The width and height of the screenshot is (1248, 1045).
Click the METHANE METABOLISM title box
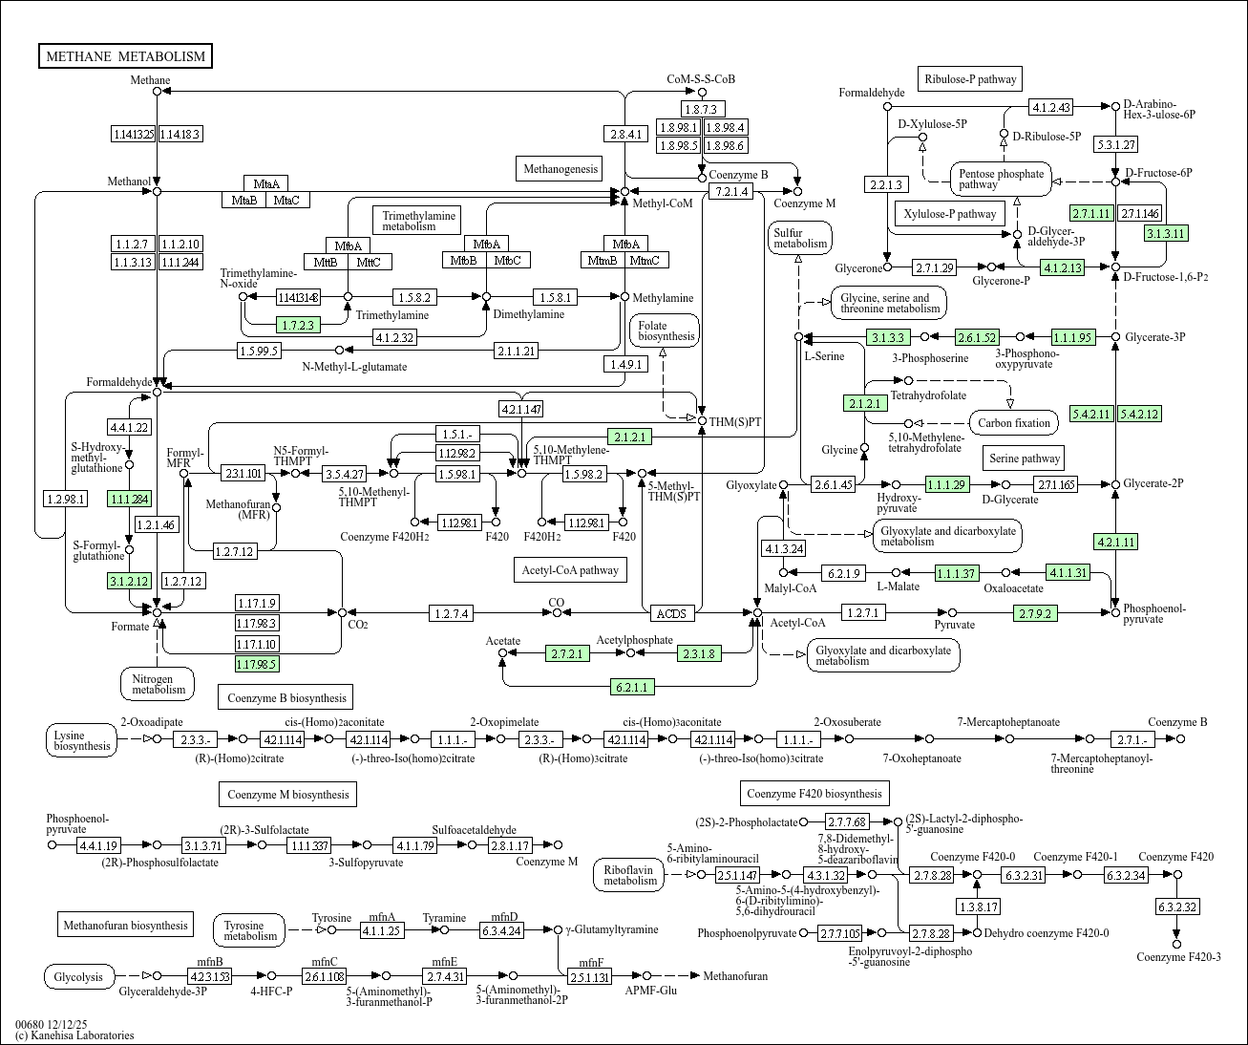tap(125, 56)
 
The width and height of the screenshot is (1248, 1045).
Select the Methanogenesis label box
tap(560, 169)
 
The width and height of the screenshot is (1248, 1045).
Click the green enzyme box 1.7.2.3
tap(298, 325)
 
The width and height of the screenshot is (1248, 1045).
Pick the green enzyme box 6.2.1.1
tap(632, 687)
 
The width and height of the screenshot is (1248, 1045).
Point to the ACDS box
tap(671, 613)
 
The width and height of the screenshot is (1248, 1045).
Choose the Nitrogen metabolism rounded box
tap(159, 683)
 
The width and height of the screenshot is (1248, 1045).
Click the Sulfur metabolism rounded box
tap(800, 238)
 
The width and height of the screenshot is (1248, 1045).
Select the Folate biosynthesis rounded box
tap(665, 331)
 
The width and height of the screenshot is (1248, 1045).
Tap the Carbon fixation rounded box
tap(1013, 423)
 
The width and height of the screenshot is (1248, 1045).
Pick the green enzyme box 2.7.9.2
tap(1035, 613)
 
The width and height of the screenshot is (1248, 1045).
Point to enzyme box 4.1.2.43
tap(1050, 107)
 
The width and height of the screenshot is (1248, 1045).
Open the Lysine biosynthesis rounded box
tap(82, 740)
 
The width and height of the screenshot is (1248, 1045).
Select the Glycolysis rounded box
tap(78, 976)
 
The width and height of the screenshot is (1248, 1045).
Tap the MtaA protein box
tap(266, 183)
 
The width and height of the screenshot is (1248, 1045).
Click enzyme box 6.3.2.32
tap(1177, 906)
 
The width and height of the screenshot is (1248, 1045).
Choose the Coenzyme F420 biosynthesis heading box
tap(814, 794)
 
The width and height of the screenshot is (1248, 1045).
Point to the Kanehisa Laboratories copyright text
tap(74, 1035)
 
